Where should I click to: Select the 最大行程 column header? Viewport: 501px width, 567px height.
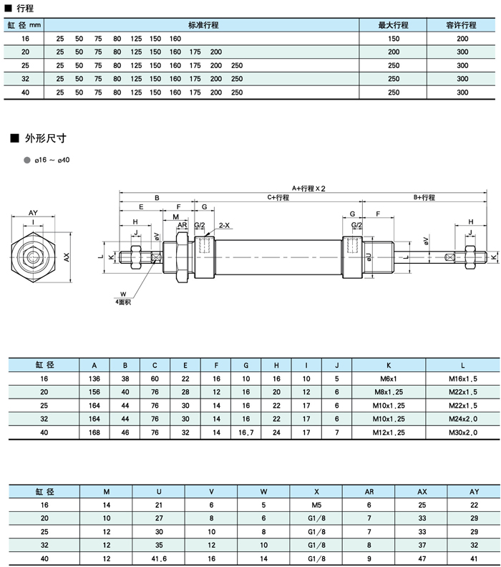tap(393, 25)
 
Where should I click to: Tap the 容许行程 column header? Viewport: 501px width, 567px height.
tap(462, 25)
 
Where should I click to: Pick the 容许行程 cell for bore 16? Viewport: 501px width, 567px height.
tap(462, 38)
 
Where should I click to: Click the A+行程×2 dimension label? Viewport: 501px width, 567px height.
tap(308, 188)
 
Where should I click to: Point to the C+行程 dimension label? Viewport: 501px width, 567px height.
tap(278, 197)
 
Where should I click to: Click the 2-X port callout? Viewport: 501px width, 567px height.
tap(224, 225)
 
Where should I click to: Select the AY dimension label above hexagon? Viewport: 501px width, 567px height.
tap(34, 213)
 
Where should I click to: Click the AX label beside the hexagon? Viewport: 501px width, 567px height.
tap(67, 256)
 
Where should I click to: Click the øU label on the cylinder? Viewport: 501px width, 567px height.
tap(369, 256)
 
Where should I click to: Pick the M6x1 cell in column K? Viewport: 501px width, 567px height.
tap(389, 378)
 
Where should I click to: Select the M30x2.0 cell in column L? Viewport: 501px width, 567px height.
tap(463, 432)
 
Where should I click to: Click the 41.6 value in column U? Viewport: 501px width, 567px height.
tap(158, 558)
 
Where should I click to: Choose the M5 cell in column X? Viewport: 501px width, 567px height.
tap(316, 505)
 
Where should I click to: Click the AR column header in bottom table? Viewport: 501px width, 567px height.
tap(369, 491)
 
